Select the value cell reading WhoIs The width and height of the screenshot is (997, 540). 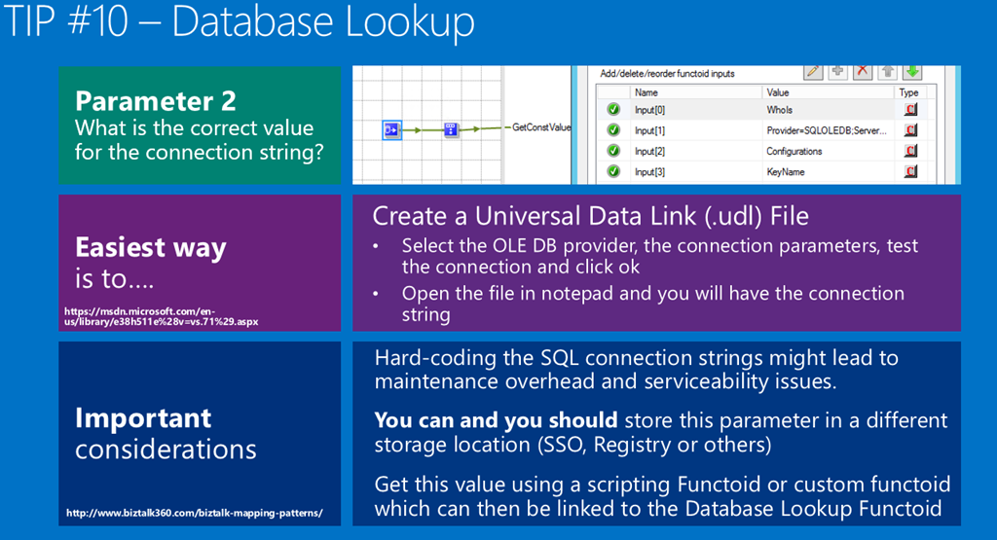[x=780, y=110]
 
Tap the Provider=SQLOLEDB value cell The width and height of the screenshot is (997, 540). [x=827, y=130]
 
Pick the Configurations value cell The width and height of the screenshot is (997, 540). [x=794, y=151]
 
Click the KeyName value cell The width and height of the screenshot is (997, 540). [x=785, y=172]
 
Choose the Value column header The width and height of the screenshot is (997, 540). [x=776, y=92]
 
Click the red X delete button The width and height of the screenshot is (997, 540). [x=862, y=71]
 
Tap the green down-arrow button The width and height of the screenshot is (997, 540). [x=911, y=71]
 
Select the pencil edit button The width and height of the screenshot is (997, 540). [x=812, y=71]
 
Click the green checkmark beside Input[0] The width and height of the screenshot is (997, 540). [x=613, y=110]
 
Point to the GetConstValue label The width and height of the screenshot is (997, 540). [x=541, y=127]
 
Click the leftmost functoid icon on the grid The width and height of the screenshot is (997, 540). [x=390, y=128]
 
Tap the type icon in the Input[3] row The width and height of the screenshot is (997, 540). [x=910, y=172]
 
